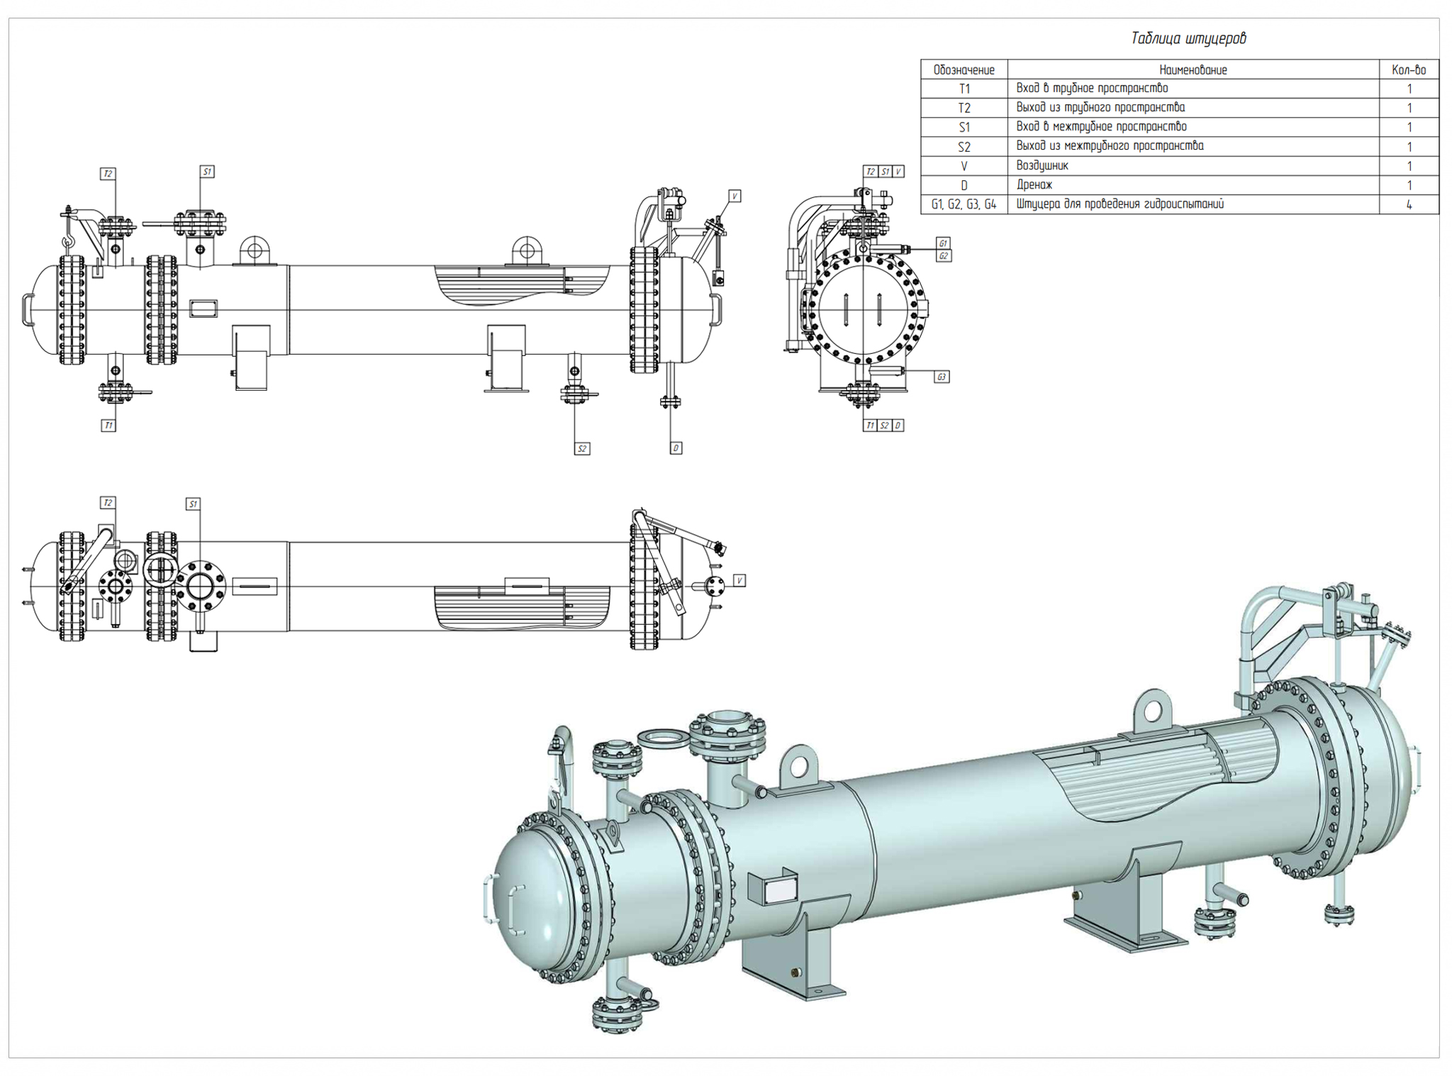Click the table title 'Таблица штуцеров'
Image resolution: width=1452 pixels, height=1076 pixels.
1188,39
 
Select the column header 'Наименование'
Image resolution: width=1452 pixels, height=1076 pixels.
1193,70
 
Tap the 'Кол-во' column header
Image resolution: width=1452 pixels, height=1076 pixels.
1408,70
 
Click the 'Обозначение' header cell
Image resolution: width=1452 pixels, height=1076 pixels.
964,70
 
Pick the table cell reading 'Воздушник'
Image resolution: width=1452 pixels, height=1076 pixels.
1041,165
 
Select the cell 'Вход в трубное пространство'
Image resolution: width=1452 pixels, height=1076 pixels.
1092,89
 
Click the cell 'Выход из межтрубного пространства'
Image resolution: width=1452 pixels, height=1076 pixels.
1110,146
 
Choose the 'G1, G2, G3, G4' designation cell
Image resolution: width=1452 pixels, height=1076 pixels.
964,204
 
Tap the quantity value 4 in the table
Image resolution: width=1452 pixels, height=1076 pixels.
1408,204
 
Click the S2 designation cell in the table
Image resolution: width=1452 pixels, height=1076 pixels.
964,147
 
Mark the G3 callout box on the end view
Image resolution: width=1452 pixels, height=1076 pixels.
941,377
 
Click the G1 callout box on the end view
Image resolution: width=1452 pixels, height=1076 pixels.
942,243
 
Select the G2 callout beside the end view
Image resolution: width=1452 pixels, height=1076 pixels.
943,255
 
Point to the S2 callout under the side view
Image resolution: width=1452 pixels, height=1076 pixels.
581,448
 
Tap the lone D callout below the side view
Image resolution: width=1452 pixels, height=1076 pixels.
676,448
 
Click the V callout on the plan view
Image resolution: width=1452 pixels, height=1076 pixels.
739,580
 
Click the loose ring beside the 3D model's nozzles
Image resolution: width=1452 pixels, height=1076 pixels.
664,738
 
